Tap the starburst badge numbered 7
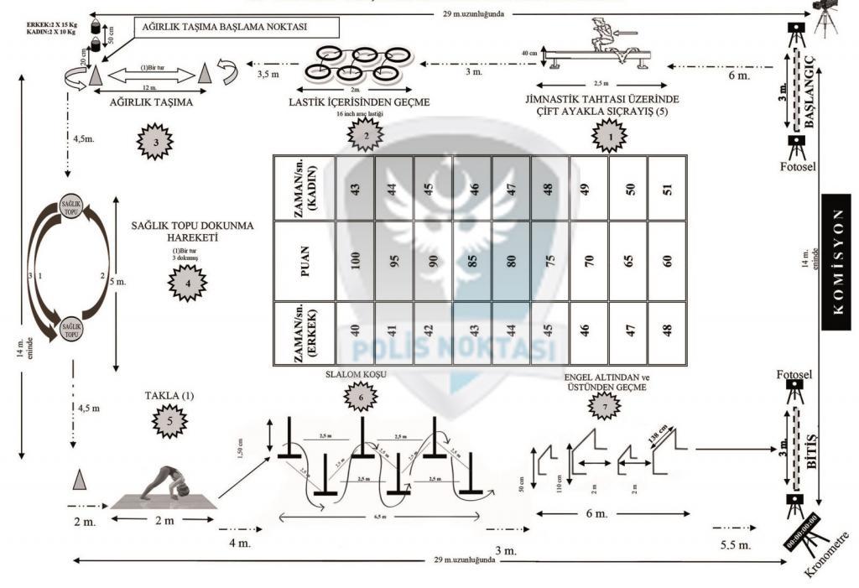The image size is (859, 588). (x=605, y=405)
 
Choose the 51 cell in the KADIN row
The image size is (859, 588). (x=668, y=188)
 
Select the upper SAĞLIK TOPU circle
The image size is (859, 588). (x=71, y=206)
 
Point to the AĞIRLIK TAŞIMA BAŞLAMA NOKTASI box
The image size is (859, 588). (x=222, y=27)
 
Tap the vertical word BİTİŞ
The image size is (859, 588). (x=810, y=451)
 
